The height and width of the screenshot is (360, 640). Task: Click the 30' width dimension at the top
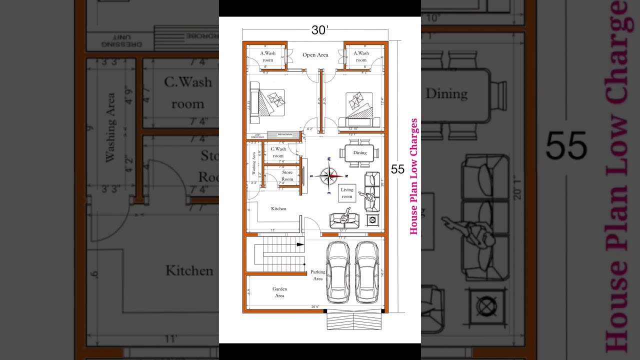point(319,30)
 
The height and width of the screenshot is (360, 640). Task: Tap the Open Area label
point(315,55)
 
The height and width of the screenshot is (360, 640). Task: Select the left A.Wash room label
point(268,56)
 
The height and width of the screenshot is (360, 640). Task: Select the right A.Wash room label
point(361,56)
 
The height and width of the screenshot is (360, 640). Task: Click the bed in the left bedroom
point(267,102)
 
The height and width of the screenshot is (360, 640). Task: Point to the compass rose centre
point(329,175)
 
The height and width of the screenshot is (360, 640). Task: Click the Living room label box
point(347,193)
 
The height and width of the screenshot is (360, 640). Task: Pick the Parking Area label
point(318,275)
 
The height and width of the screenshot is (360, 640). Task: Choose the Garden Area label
point(279,292)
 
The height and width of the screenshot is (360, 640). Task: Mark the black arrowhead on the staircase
point(300,244)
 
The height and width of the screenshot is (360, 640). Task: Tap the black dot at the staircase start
point(304,263)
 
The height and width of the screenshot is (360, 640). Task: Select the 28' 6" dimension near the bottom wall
point(315,307)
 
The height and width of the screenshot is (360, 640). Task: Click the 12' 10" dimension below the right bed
point(353,129)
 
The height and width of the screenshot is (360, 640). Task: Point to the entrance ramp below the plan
point(354,321)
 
